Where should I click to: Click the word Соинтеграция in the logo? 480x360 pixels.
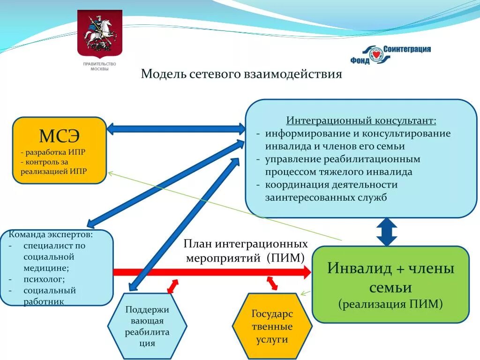pyautogui.click(x=407, y=49)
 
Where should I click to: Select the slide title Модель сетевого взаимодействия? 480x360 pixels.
pyautogui.click(x=241, y=74)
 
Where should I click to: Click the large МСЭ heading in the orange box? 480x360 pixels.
pyautogui.click(x=60, y=136)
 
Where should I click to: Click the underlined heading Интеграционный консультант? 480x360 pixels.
pyautogui.click(x=361, y=121)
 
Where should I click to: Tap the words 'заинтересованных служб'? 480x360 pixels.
pyautogui.click(x=326, y=197)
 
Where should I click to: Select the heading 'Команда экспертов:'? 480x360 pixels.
pyautogui.click(x=51, y=234)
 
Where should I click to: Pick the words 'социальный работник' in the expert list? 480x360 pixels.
pyautogui.click(x=49, y=296)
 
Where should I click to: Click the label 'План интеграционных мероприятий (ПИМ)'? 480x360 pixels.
pyautogui.click(x=246, y=251)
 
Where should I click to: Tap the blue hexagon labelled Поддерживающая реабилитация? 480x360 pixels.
pyautogui.click(x=147, y=326)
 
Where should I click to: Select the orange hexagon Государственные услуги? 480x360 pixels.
pyautogui.click(x=272, y=327)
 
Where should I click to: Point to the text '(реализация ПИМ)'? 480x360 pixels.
pyautogui.click(x=390, y=304)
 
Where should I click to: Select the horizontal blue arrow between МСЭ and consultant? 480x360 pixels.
pyautogui.click(x=176, y=128)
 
